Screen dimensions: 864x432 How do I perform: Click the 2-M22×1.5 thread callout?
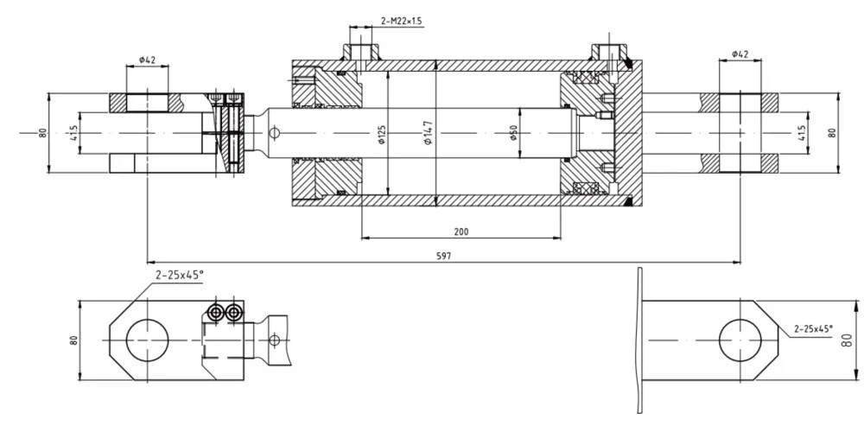(403, 21)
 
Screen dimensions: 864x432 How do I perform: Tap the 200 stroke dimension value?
(461, 232)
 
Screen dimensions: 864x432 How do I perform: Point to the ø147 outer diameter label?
(429, 133)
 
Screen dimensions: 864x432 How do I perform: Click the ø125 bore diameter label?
(382, 135)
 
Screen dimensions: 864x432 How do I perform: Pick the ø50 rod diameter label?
(513, 132)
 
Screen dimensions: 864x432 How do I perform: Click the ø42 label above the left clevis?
(147, 60)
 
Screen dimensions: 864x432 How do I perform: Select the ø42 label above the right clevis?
(740, 54)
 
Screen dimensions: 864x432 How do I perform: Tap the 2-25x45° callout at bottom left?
(175, 275)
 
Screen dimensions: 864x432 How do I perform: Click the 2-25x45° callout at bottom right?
(813, 329)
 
